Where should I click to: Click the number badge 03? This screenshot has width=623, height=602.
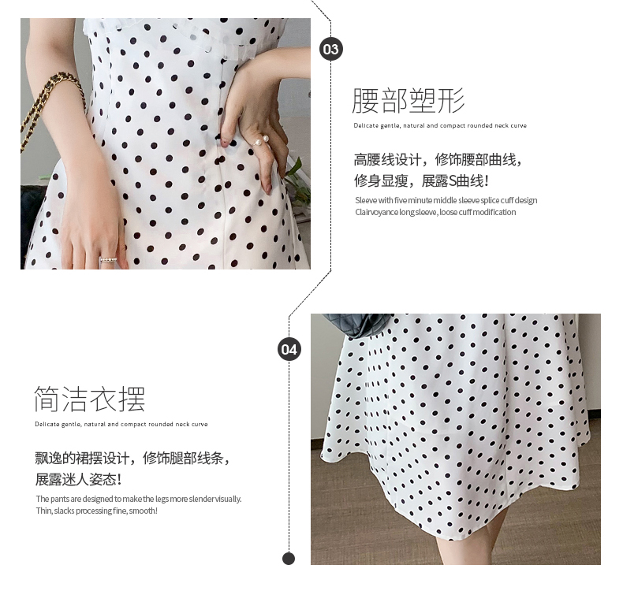click(331, 49)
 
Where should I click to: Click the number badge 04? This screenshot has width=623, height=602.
click(289, 349)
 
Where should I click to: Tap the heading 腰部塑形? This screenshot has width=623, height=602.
click(408, 101)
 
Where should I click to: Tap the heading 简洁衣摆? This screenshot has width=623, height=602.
click(90, 399)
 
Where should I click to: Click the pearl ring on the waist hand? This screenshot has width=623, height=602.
click(261, 139)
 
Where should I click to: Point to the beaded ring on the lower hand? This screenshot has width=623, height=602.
click(108, 260)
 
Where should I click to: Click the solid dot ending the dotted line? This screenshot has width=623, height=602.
click(289, 559)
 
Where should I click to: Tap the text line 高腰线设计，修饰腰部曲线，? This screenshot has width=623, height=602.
click(438, 160)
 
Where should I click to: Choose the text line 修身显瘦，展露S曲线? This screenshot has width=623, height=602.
click(421, 180)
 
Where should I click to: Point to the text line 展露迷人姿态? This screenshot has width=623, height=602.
click(78, 479)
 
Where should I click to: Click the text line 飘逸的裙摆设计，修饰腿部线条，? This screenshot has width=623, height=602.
click(132, 459)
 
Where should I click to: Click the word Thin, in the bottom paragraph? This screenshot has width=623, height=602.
click(43, 511)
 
